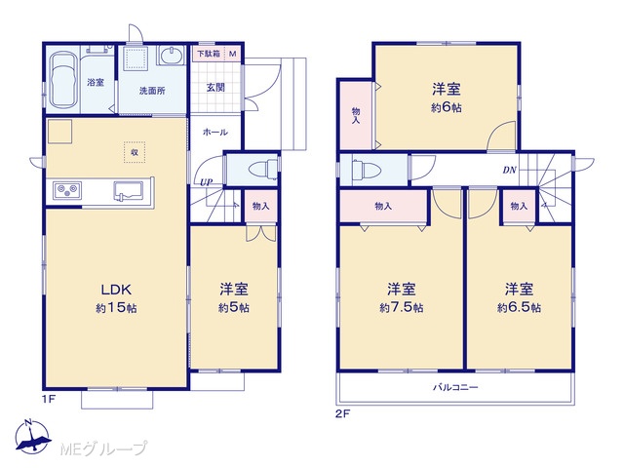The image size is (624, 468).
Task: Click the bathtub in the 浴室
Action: tap(62, 79)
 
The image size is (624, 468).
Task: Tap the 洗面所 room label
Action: tap(152, 91)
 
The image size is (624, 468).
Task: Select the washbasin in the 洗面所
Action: tap(172, 56)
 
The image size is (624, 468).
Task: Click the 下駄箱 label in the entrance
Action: tap(209, 54)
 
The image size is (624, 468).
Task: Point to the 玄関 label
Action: tap(215, 87)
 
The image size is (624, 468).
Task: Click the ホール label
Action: tap(215, 133)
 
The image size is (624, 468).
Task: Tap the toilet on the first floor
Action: tap(263, 169)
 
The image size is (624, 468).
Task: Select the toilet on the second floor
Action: tap(367, 169)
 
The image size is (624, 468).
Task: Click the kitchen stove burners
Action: tap(67, 190)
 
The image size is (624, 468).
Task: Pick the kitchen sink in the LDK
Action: tap(129, 190)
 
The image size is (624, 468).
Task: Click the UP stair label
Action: tap(206, 182)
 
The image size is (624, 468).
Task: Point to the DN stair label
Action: tap(509, 171)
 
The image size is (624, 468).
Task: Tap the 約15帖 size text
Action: tap(116, 308)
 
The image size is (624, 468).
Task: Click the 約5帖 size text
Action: tap(234, 308)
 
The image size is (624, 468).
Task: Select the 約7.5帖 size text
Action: tap(402, 308)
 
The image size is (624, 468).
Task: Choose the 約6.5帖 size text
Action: tap(519, 308)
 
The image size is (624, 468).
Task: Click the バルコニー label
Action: tap(455, 387)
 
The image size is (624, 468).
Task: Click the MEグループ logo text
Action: tap(103, 448)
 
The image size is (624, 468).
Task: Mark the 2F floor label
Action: tap(342, 414)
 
